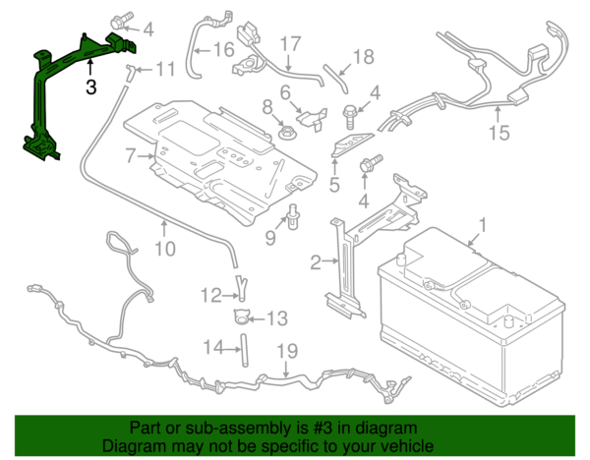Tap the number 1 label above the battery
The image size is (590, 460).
(x=482, y=232)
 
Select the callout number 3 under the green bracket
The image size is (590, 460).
(x=90, y=86)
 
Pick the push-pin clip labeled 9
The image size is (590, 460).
(x=294, y=217)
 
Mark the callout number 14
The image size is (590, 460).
(x=213, y=346)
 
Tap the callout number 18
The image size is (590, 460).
(x=363, y=58)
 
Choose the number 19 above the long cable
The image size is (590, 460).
(x=285, y=351)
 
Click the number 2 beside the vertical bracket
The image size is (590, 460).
(x=316, y=261)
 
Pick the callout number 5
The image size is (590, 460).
(x=334, y=183)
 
